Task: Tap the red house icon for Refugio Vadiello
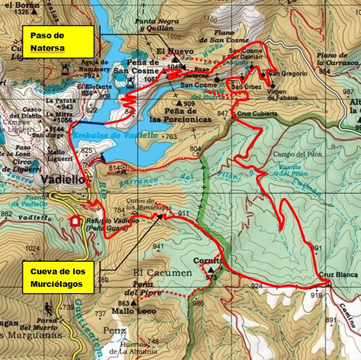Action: point(74,221)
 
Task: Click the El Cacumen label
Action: point(163,273)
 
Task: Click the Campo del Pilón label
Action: point(298,154)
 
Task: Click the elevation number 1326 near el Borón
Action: point(22,12)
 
